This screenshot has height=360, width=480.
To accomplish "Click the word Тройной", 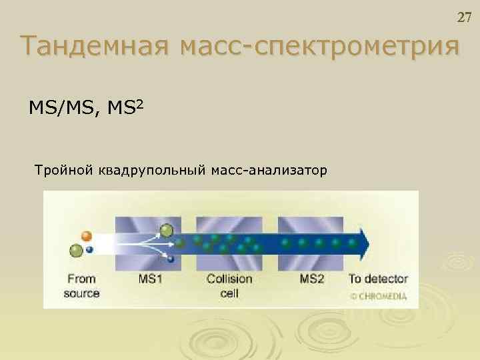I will tap(62, 172).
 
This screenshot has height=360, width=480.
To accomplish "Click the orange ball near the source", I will tap(87, 235).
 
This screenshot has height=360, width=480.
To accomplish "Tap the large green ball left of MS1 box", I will tap(77, 250).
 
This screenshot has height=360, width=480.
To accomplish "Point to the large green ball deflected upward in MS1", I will tap(167, 231).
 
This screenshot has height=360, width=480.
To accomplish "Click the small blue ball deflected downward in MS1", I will tap(171, 259).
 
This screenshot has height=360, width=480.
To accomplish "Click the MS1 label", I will tap(151, 279).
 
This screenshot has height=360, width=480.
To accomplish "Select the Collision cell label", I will tap(229, 285).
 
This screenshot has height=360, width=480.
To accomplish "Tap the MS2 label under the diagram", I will tap(312, 279).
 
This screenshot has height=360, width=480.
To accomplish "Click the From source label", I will tap(81, 285).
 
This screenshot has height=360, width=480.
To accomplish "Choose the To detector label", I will tap(378, 279).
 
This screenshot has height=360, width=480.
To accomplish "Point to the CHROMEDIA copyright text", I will tap(378, 297).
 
